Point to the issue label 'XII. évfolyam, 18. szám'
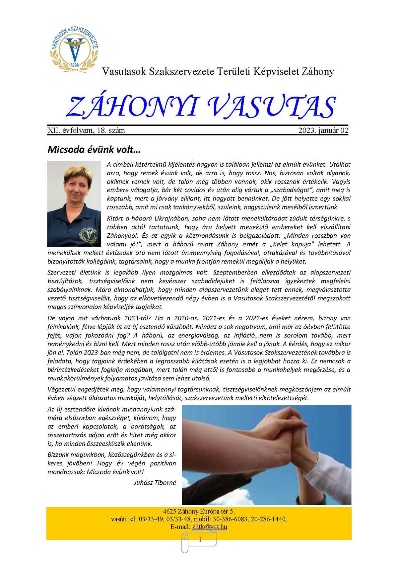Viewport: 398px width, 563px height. pyautogui.click(x=86, y=130)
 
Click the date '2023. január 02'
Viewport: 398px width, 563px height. pyautogui.click(x=323, y=130)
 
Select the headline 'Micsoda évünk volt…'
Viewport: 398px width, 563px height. pyautogui.click(x=94, y=149)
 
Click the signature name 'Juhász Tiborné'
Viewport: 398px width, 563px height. pyautogui.click(x=155, y=482)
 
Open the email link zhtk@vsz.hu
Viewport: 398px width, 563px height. pyautogui.click(x=210, y=527)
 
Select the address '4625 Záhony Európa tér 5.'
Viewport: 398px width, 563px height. pyautogui.click(x=199, y=512)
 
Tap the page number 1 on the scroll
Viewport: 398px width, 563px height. pyautogui.click(x=200, y=540)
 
